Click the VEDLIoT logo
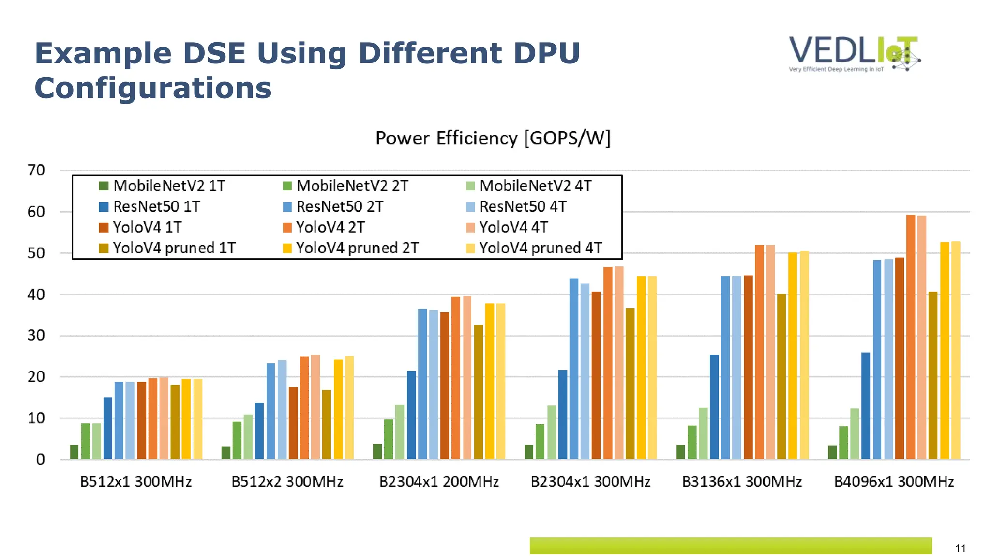[x=854, y=53]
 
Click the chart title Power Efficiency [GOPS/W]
[x=493, y=139]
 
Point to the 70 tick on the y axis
[x=36, y=170]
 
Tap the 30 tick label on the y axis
[x=36, y=335]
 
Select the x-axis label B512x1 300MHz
[x=136, y=482]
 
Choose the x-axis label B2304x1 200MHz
[x=439, y=482]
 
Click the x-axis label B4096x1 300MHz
[x=894, y=482]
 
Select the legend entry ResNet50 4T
[x=523, y=207]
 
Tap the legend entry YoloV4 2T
[x=330, y=227]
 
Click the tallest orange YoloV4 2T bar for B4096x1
[x=910, y=339]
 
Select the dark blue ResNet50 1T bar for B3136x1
[x=714, y=407]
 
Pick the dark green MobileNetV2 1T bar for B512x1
[x=74, y=452]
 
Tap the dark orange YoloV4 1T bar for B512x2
[x=293, y=423]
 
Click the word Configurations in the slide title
[x=153, y=88]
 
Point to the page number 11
[x=960, y=548]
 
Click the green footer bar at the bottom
[x=731, y=545]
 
